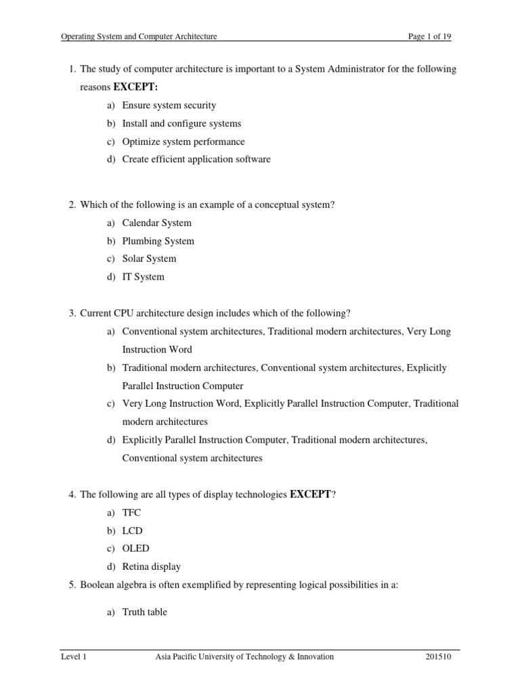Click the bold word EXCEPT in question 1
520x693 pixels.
pos(139,88)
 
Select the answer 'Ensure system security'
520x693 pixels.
pos(169,106)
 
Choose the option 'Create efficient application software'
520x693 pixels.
pos(196,160)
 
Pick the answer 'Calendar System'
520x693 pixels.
pos(157,223)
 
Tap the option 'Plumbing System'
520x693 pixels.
pos(158,241)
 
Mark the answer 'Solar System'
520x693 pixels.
pos(149,259)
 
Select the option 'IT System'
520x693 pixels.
pos(144,277)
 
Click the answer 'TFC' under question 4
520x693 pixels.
pos(132,513)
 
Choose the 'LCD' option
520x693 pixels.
pos(133,531)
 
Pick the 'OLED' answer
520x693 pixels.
pos(136,549)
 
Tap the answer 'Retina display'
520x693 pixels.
pos(152,567)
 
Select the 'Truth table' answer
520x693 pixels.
pos(145,612)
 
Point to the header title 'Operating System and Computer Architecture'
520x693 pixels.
pos(139,37)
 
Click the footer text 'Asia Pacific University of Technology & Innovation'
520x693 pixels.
pos(244,657)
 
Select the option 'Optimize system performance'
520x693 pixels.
pos(183,142)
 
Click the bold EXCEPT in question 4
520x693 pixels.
pos(311,495)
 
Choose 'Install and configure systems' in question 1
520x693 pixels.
pos(181,124)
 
